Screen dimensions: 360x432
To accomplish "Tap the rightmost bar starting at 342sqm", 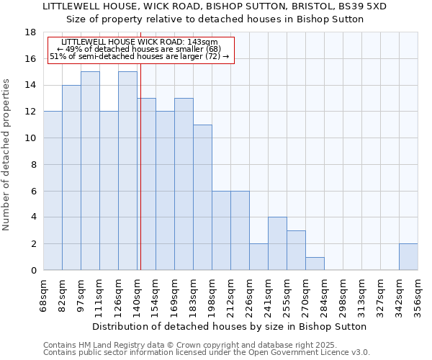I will [x=408, y=257].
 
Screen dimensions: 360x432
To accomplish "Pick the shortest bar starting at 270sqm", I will [x=315, y=264].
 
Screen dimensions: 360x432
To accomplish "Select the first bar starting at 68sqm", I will [x=53, y=191].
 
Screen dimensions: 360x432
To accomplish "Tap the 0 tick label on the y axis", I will [x=34, y=271].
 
